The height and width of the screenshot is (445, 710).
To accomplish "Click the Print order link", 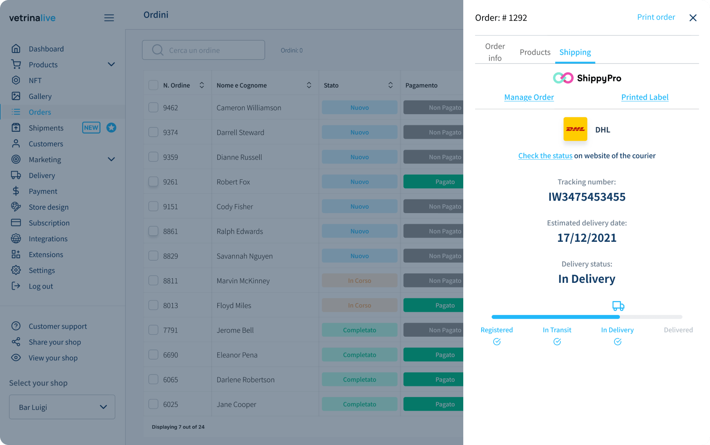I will pyautogui.click(x=656, y=18).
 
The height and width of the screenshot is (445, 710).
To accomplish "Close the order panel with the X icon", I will pyautogui.click(x=693, y=18).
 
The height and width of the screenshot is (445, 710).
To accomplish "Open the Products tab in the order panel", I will pyautogui.click(x=535, y=52).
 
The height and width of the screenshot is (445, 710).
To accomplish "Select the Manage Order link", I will pyautogui.click(x=529, y=97).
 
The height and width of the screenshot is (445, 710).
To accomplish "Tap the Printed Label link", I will pyautogui.click(x=645, y=97).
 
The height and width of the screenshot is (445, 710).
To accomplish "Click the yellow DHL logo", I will pyautogui.click(x=575, y=129).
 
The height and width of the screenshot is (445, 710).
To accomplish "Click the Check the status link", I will pyautogui.click(x=545, y=156).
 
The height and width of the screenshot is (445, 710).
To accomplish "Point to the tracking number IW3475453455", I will pyautogui.click(x=587, y=197).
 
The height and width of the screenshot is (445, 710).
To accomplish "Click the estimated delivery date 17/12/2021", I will pyautogui.click(x=587, y=238).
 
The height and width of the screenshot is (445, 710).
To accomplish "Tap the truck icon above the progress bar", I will pyautogui.click(x=618, y=306).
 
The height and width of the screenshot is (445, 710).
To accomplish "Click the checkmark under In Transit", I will pyautogui.click(x=557, y=341).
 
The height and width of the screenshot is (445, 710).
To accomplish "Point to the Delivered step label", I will pyautogui.click(x=678, y=330).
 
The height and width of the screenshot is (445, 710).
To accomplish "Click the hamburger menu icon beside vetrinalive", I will pyautogui.click(x=109, y=18).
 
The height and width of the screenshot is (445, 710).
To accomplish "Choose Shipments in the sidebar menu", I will pyautogui.click(x=46, y=128).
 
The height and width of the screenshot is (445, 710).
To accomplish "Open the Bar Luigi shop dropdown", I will pyautogui.click(x=62, y=407).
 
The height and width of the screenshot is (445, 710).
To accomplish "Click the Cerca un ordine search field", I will pyautogui.click(x=204, y=50).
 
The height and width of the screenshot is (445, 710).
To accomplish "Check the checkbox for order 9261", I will pyautogui.click(x=153, y=182).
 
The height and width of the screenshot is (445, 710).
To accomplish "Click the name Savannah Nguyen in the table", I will pyautogui.click(x=244, y=256).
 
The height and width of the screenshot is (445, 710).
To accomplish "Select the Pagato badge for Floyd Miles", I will pyautogui.click(x=433, y=306).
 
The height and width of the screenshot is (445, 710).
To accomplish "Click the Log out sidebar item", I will pyautogui.click(x=41, y=286).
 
